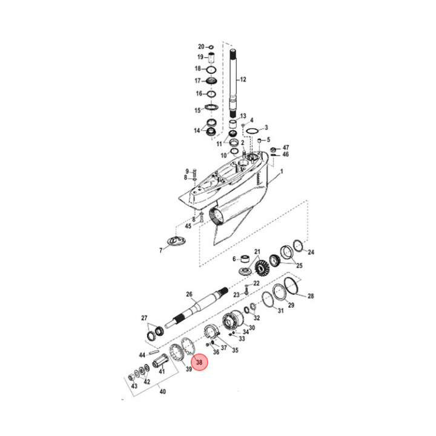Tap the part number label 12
(x=243, y=80)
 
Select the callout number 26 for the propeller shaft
(x=189, y=295)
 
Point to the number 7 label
(x=160, y=249)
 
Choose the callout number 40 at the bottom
(x=162, y=392)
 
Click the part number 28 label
(x=311, y=296)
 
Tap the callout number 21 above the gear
(x=257, y=251)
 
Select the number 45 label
(x=188, y=226)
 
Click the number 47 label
(x=286, y=148)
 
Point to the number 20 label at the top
(x=202, y=47)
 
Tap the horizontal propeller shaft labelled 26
(x=194, y=308)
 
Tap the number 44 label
(x=142, y=355)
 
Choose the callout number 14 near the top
(x=197, y=131)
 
